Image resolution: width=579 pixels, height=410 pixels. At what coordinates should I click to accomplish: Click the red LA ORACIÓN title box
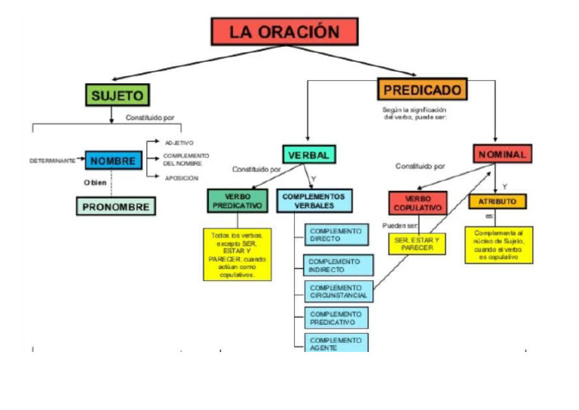point(284,32)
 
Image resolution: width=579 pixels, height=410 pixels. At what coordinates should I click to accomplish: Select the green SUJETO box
point(118,94)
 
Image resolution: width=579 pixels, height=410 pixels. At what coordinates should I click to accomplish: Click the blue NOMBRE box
point(114,160)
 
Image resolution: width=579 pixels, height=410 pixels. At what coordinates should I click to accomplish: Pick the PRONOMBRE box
point(116,205)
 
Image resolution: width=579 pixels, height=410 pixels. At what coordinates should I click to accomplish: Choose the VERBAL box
point(308,154)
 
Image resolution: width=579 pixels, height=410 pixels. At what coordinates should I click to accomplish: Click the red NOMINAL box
point(502,154)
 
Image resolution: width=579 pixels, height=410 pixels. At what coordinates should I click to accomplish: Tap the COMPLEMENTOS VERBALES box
point(314,200)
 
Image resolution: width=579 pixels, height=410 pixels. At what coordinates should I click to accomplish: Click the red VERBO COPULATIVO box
point(418,203)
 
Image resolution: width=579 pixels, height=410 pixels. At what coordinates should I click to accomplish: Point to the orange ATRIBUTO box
point(497,202)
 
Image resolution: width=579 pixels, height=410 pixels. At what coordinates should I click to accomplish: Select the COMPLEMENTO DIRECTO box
point(337,235)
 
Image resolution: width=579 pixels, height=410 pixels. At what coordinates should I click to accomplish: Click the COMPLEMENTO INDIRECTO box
point(337,266)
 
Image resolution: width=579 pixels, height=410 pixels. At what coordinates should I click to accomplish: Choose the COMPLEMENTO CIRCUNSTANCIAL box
point(337,291)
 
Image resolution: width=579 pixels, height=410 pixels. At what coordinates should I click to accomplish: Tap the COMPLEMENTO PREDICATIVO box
point(337,318)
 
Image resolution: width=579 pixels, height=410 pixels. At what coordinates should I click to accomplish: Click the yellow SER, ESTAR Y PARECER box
point(417,244)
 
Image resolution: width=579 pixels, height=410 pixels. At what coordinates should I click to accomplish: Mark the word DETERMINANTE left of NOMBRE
point(53,161)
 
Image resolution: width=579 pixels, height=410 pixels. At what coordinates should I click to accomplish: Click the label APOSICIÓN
point(181,178)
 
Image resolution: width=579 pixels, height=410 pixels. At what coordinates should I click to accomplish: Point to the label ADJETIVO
point(179,143)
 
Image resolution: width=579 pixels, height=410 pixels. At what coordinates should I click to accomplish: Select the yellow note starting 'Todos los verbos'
point(237,254)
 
